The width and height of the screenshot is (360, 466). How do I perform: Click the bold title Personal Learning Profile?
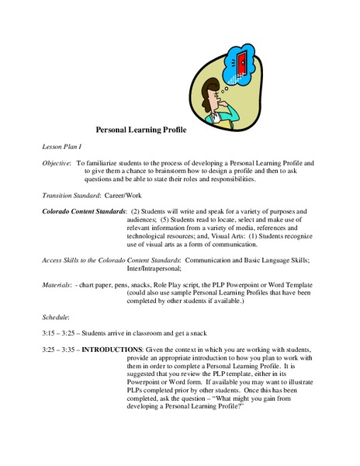click(x=152, y=131)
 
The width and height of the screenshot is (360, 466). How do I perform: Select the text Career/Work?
click(x=126, y=195)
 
